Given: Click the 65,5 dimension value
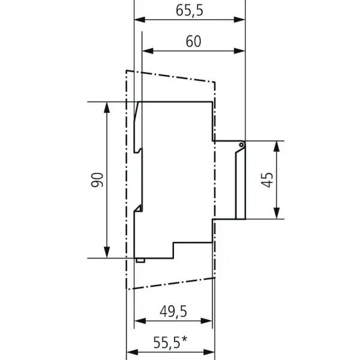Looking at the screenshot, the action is (x=190, y=11).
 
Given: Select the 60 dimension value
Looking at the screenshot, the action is (x=193, y=41).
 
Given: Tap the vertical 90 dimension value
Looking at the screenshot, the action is (x=97, y=180).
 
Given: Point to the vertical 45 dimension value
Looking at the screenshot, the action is (x=267, y=180).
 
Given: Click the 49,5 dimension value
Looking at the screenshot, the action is (x=173, y=311).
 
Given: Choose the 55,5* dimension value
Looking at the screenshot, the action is (x=170, y=343).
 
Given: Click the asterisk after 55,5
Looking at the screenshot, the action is (x=184, y=340).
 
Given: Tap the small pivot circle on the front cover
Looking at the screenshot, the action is (x=241, y=145).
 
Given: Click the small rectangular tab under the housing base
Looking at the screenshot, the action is (x=140, y=260).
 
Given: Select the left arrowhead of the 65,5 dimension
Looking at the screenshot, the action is (x=140, y=20).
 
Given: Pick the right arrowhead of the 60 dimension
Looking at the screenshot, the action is (x=239, y=51).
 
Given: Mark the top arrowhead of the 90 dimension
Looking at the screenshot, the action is (x=107, y=107).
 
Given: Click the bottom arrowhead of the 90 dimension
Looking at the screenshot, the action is (x=107, y=253).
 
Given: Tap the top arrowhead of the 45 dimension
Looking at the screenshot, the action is (x=277, y=146).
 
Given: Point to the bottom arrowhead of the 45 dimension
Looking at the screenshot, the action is (x=277, y=213).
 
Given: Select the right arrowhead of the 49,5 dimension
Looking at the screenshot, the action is (x=206, y=321).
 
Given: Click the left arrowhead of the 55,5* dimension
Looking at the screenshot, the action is (x=132, y=352).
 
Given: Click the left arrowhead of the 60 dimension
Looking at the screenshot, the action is (x=148, y=51).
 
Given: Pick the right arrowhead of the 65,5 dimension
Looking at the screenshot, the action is (x=239, y=20).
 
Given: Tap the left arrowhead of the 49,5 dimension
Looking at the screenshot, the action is (x=140, y=321).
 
